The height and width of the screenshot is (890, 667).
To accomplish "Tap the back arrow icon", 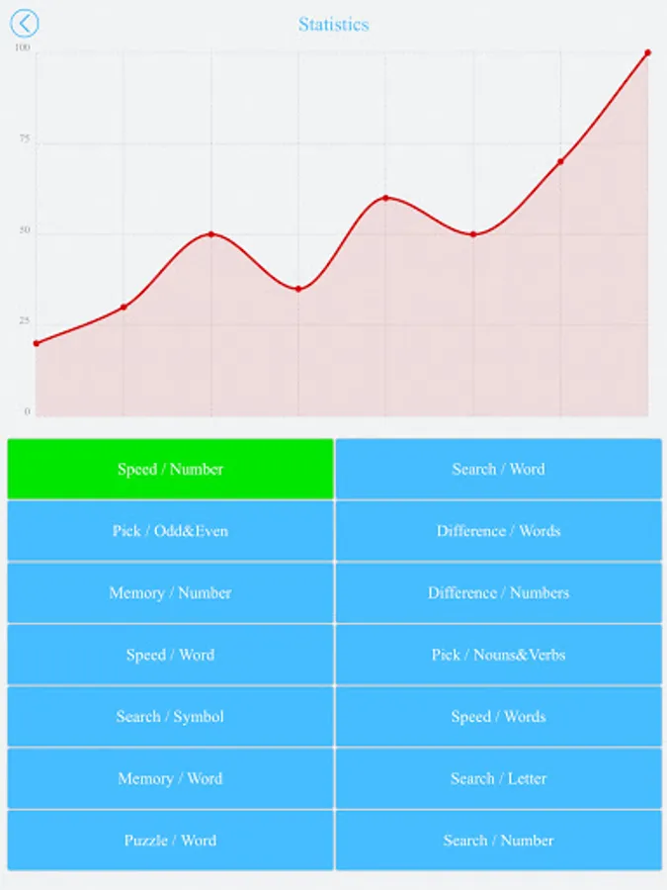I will [24, 24].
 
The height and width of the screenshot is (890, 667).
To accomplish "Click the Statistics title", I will [334, 24].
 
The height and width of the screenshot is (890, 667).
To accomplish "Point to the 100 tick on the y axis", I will [23, 48].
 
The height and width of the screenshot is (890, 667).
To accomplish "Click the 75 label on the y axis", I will [24, 140].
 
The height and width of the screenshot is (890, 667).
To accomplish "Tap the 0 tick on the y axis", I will [27, 412].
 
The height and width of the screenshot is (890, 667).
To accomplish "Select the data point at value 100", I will [648, 52].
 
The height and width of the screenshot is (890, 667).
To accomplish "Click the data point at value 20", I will [37, 343].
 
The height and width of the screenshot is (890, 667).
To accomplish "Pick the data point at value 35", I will [298, 289].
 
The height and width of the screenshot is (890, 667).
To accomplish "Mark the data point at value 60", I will [385, 198].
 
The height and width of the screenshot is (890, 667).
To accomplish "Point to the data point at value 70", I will [560, 161].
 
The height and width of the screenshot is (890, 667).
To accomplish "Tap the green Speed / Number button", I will [170, 469].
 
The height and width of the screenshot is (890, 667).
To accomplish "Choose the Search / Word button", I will [498, 469].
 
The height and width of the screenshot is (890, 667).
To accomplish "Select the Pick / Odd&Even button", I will [170, 531].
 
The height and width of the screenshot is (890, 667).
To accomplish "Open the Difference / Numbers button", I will [498, 593].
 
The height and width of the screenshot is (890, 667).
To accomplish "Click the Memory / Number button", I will [170, 593].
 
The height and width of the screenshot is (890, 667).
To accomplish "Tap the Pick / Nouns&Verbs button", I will [498, 655].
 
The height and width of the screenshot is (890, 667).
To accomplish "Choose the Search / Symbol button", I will [170, 717].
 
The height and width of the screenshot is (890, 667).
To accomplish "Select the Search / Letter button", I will [498, 778].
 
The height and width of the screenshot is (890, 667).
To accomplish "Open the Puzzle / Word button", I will [170, 841].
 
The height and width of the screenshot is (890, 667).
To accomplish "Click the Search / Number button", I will [498, 841].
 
